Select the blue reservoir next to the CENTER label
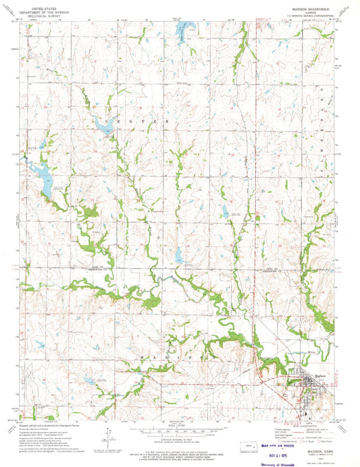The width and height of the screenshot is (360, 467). coord(104,125)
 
